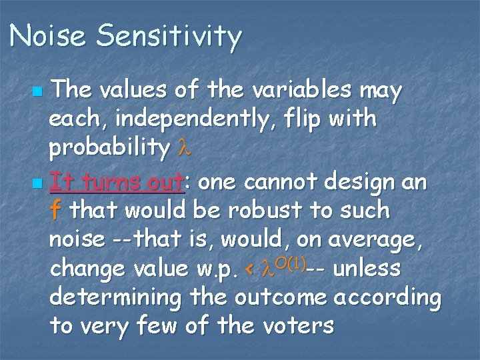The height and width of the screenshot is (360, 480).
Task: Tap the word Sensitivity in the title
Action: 168,37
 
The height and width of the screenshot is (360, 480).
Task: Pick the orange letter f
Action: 55,211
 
